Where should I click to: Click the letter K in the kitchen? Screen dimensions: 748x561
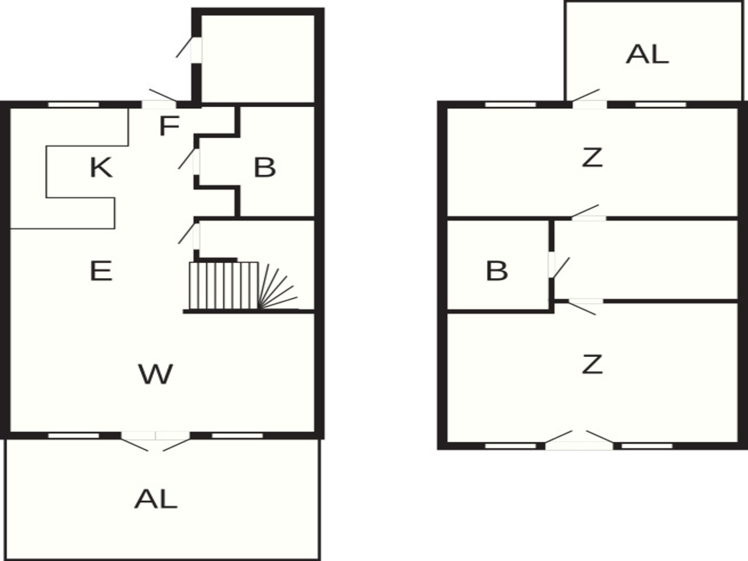[x=101, y=168]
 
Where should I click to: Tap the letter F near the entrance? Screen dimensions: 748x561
[x=169, y=125]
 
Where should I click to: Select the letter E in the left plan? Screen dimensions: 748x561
[x=101, y=271]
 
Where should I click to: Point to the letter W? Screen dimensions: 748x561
[x=155, y=374]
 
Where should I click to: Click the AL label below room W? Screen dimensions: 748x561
[x=156, y=499]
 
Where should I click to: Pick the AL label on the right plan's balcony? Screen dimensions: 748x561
[x=647, y=54]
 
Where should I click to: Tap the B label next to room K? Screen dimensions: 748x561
[x=265, y=168]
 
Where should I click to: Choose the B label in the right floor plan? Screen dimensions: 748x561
[x=497, y=271]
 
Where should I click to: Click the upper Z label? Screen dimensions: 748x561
[x=592, y=157]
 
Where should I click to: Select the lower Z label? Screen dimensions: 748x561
[x=592, y=364]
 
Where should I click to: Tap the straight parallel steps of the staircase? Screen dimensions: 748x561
[x=224, y=286]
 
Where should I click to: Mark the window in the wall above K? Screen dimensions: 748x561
[x=74, y=104]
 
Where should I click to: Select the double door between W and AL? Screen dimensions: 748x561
[x=155, y=440]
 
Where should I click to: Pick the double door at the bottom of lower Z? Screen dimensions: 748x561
[x=579, y=440]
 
